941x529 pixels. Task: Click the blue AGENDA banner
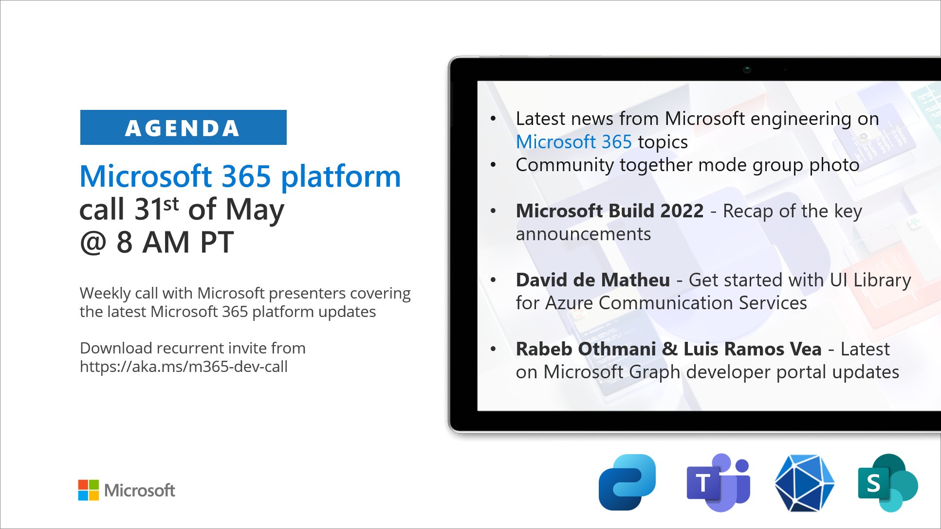pos(183,127)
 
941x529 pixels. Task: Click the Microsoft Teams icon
pos(719,483)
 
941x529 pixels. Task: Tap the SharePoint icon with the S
pos(887,483)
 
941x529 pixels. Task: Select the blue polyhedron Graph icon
pos(804,483)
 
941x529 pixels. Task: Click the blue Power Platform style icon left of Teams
pos(627,482)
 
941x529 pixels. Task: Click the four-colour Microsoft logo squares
pos(88,490)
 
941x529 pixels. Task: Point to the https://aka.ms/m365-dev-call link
pos(184,366)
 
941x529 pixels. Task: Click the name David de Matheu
pos(592,280)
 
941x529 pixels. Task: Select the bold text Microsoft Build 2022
pos(609,211)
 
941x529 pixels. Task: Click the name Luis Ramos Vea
pos(752,349)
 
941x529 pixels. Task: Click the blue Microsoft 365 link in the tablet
pos(573,142)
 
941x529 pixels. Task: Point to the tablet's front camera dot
pos(747,70)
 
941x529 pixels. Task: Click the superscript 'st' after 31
pos(171,204)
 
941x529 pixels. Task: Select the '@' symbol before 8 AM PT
pos(93,242)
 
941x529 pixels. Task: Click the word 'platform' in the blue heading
pos(341,176)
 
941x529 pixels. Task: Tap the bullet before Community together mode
pos(493,165)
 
